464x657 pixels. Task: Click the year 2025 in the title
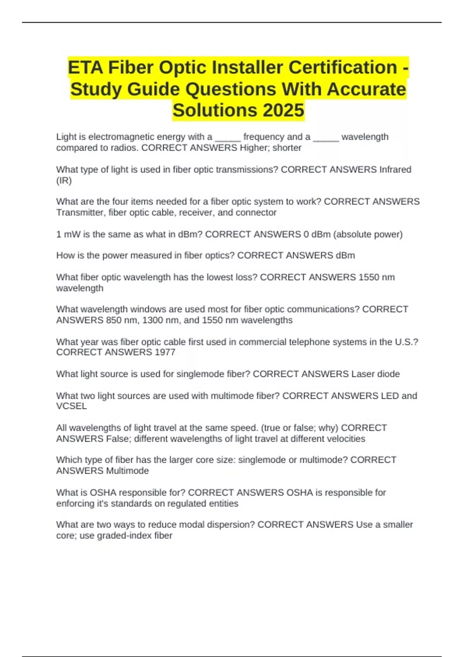click(x=283, y=111)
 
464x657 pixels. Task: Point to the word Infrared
click(x=395, y=170)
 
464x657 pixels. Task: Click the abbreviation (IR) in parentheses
click(x=64, y=180)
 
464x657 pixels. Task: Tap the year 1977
click(x=165, y=352)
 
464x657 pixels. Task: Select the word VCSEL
click(x=71, y=406)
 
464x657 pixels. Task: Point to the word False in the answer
click(x=118, y=439)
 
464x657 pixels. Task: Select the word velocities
click(x=346, y=439)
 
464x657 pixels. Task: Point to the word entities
click(x=223, y=504)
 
